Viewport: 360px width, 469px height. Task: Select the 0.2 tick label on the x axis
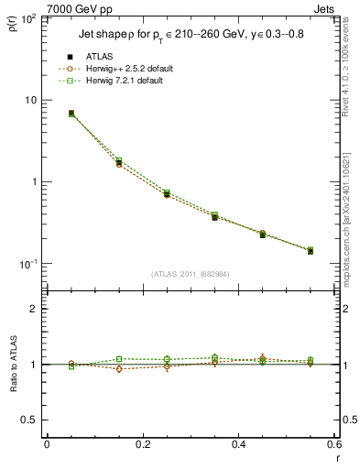(x=142, y=444)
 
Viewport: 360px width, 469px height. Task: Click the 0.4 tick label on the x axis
(x=238, y=444)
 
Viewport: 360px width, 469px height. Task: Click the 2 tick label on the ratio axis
(x=34, y=309)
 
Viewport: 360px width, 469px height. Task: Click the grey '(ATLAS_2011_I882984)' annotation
(x=190, y=274)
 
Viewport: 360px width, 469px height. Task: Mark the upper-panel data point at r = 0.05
(x=71, y=114)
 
